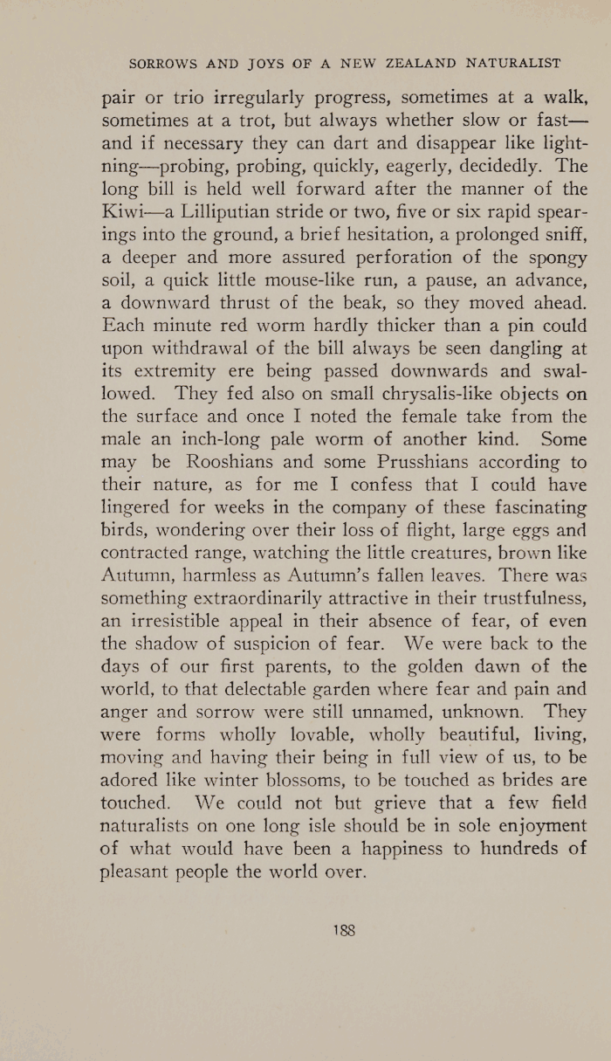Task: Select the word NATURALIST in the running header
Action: [x=514, y=63]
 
